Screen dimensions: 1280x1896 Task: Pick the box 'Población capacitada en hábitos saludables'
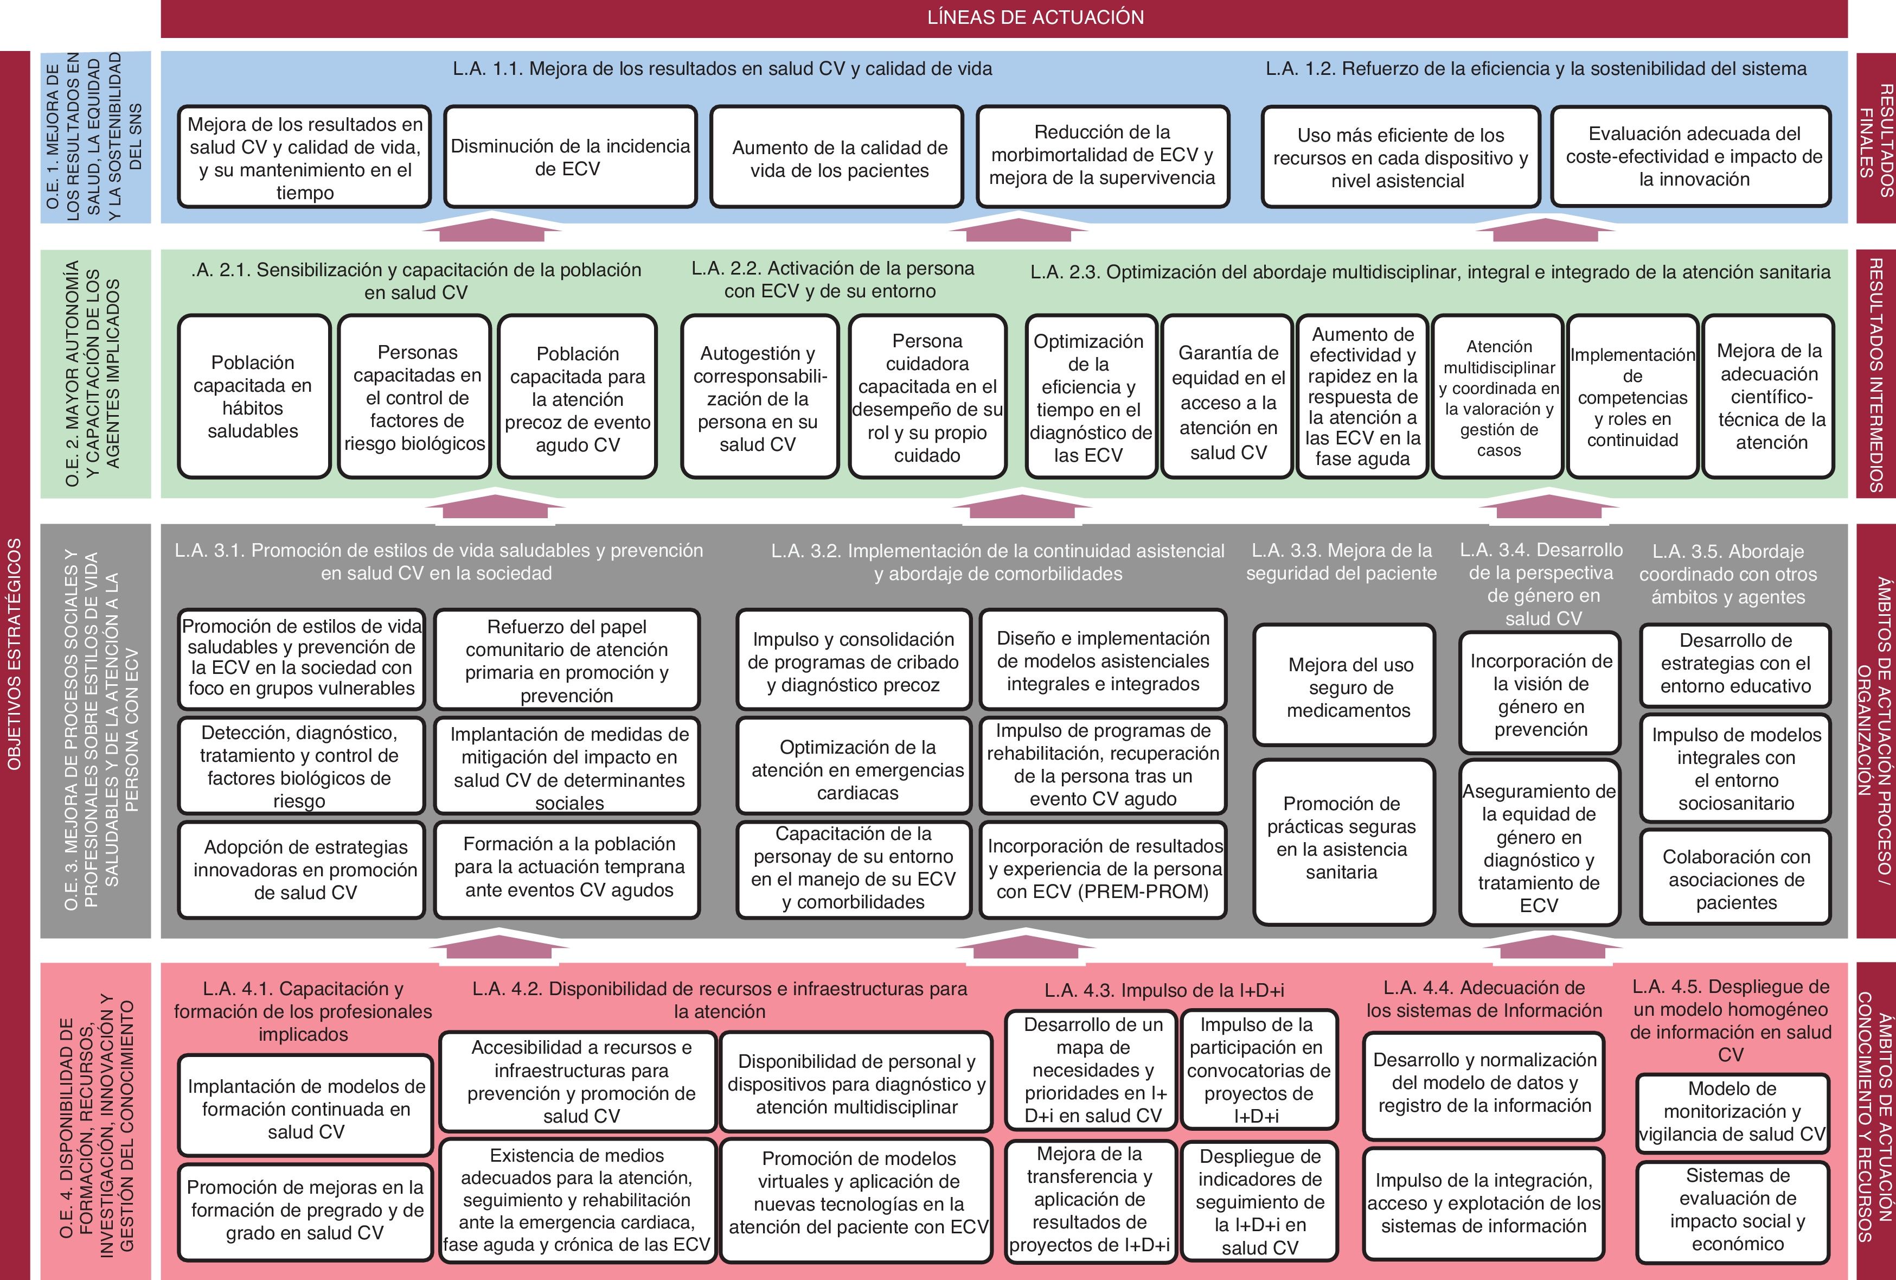(x=253, y=397)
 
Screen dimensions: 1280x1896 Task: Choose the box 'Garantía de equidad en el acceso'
(x=1228, y=403)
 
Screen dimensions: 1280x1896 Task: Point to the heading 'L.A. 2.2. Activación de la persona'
(x=831, y=279)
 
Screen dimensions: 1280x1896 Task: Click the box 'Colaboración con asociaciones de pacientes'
(x=1736, y=879)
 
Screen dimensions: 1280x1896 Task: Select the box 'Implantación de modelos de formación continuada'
(x=306, y=1109)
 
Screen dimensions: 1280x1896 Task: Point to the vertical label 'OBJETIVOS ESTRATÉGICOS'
(x=15, y=653)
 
